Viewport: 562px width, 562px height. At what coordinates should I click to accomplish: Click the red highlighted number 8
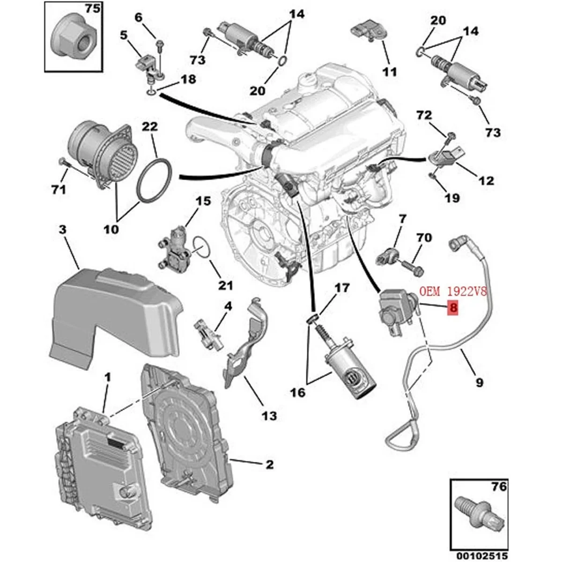453,308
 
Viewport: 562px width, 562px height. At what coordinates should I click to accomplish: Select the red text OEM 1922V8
453,292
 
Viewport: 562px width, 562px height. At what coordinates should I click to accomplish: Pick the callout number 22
150,127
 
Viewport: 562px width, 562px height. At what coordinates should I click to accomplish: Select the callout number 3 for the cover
63,230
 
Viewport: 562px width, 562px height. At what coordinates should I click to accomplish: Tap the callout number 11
390,72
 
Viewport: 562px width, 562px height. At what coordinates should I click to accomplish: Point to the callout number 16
298,392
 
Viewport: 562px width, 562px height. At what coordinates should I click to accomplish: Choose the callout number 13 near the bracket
269,415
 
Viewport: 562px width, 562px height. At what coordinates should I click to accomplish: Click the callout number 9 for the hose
479,383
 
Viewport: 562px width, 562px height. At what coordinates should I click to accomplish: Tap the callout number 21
225,285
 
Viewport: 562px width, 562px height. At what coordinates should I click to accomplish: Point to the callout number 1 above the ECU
107,377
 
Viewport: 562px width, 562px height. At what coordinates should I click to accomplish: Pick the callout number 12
486,180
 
